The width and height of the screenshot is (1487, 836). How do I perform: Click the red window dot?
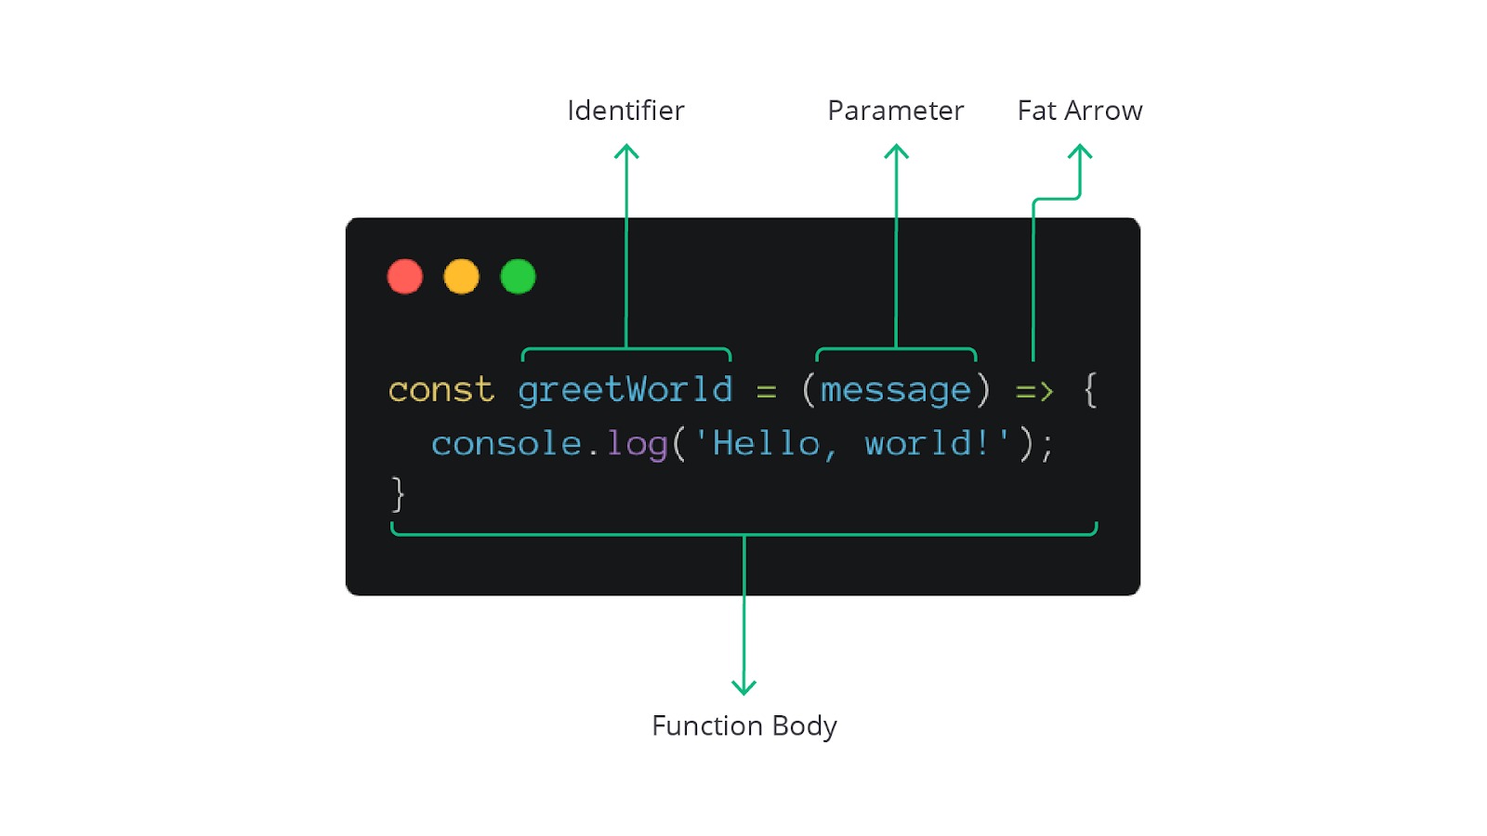pyautogui.click(x=405, y=277)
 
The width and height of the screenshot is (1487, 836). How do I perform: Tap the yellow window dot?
pyautogui.click(x=461, y=277)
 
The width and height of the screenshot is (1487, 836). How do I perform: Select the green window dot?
pyautogui.click(x=518, y=277)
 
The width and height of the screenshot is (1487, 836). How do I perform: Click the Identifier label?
pyautogui.click(x=625, y=111)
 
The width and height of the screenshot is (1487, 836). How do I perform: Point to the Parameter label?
pyautogui.click(x=895, y=111)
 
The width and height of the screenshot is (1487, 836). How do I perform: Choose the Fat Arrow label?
pyautogui.click(x=1079, y=111)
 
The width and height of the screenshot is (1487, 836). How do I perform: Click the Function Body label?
pyautogui.click(x=743, y=725)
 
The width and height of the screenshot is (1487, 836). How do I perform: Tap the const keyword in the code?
pyautogui.click(x=441, y=390)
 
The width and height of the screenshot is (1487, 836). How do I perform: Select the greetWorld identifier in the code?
pyautogui.click(x=625, y=390)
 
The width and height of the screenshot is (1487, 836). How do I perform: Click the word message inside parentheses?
pyautogui.click(x=895, y=391)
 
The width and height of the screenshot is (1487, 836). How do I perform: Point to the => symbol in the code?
pyautogui.click(x=1034, y=391)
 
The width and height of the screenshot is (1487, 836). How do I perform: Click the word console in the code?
pyautogui.click(x=507, y=444)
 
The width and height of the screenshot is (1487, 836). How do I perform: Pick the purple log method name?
pyautogui.click(x=637, y=445)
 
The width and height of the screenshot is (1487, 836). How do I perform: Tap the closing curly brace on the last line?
pyautogui.click(x=398, y=494)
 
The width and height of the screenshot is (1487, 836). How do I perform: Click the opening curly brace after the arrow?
pyautogui.click(x=1090, y=390)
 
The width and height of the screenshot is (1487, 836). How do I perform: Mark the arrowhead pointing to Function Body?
pyautogui.click(x=743, y=688)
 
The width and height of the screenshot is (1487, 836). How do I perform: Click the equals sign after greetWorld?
pyautogui.click(x=766, y=392)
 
